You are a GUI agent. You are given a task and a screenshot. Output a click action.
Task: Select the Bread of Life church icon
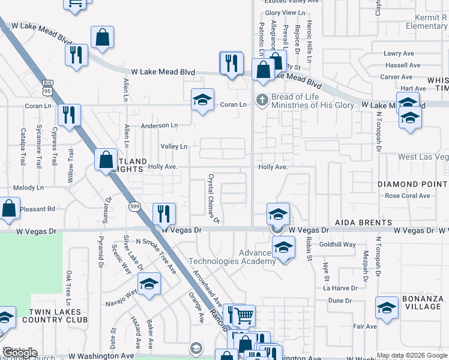(x=261, y=100)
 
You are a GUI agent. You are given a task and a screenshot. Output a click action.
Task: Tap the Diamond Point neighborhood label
(x=413, y=184)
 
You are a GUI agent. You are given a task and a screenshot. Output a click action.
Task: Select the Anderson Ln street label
(x=159, y=126)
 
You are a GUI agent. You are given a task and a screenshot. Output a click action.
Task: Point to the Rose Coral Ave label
(x=408, y=196)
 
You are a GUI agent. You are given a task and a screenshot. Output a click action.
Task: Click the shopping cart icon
(x=243, y=314)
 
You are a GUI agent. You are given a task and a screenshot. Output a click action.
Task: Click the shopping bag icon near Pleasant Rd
(x=10, y=208)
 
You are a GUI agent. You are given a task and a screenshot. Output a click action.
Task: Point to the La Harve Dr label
(x=340, y=288)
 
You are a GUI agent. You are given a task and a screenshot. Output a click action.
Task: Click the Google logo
(x=20, y=353)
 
